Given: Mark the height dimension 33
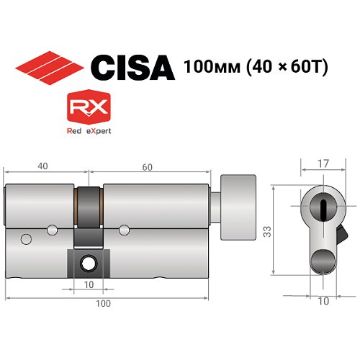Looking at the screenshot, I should pyautogui.click(x=266, y=232).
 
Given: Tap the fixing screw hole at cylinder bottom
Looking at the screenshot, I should pyautogui.click(x=89, y=264).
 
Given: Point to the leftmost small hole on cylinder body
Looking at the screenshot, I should pyautogui.click(x=27, y=239).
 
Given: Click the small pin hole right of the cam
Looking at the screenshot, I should pyautogui.click(x=125, y=230).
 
